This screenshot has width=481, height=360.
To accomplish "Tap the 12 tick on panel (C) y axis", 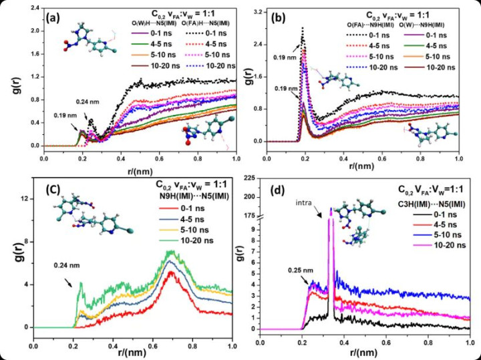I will tap(26, 199).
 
